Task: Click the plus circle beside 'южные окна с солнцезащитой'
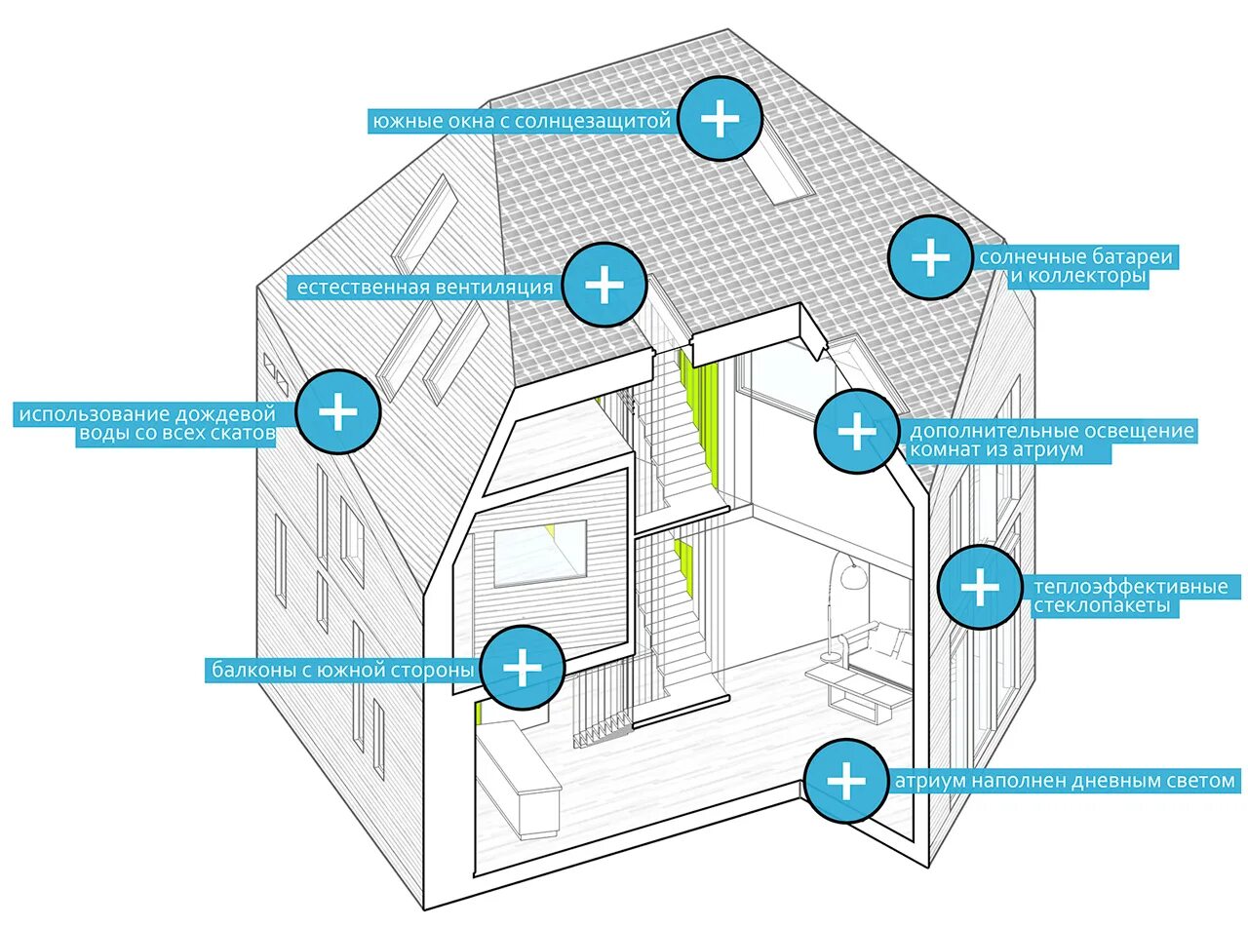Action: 720,118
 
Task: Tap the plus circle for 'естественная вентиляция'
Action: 604,285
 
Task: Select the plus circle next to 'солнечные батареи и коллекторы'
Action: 929,257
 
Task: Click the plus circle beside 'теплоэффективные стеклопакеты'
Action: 980,587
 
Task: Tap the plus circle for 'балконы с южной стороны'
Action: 523,668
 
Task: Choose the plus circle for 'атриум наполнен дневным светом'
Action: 845,780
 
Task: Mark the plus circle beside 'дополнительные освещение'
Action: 856,431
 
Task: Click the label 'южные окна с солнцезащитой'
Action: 522,121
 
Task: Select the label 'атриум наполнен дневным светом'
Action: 1065,781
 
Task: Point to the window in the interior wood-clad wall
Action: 538,554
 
